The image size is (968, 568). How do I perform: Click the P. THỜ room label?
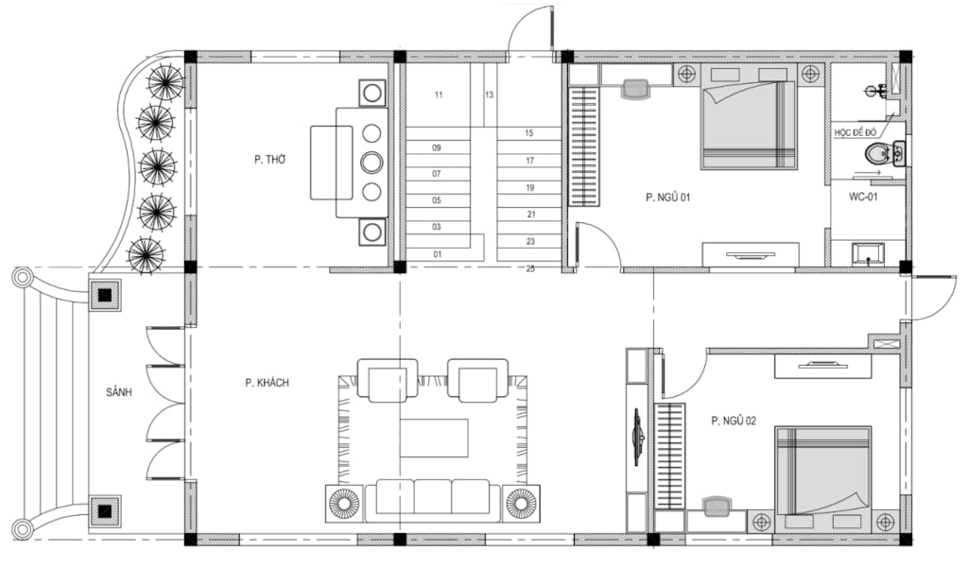[269, 160]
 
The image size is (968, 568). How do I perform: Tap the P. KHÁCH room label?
[267, 383]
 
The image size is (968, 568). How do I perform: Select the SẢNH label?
[118, 392]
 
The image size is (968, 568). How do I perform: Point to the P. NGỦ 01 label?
[668, 198]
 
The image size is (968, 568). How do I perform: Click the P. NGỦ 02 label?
[734, 422]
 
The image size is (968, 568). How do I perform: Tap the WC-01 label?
[863, 197]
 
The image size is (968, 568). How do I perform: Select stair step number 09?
[437, 147]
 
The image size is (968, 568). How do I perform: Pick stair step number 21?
[531, 215]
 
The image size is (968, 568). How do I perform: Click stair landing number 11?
[439, 95]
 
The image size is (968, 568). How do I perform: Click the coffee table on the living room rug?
[434, 438]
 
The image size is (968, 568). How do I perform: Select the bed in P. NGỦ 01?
[749, 116]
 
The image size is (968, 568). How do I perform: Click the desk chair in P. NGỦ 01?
[634, 88]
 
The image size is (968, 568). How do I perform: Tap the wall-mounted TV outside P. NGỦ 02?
[639, 437]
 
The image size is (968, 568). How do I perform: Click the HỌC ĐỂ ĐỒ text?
[855, 132]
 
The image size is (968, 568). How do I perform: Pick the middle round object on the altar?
[372, 163]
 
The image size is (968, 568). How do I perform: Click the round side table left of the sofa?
[344, 503]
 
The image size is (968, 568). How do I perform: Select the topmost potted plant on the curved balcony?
[164, 80]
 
